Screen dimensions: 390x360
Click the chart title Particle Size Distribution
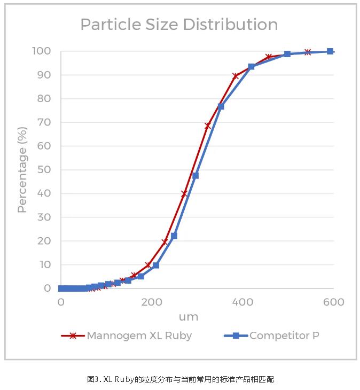click(x=179, y=25)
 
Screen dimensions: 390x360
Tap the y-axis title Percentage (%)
click(x=22, y=170)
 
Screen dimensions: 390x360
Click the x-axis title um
click(x=188, y=317)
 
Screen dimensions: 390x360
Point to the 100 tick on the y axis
click(x=41, y=51)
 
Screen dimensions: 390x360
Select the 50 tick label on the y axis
click(x=44, y=170)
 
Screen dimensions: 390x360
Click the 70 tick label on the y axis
click(x=44, y=122)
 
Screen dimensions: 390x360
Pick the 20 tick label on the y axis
click(x=44, y=241)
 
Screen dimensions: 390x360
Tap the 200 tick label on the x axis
click(x=152, y=302)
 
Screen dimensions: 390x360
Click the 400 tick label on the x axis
click(x=243, y=302)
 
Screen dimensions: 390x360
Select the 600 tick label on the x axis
click(x=334, y=302)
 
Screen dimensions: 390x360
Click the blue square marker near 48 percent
click(x=195, y=175)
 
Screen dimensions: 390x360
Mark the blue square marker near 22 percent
click(x=174, y=236)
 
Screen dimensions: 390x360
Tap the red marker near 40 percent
click(x=184, y=193)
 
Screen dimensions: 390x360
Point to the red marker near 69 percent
click(x=208, y=126)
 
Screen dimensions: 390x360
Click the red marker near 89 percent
click(x=235, y=76)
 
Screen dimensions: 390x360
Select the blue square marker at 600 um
click(x=330, y=51)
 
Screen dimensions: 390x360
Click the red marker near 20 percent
click(x=165, y=242)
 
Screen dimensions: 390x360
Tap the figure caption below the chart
click(x=180, y=379)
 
